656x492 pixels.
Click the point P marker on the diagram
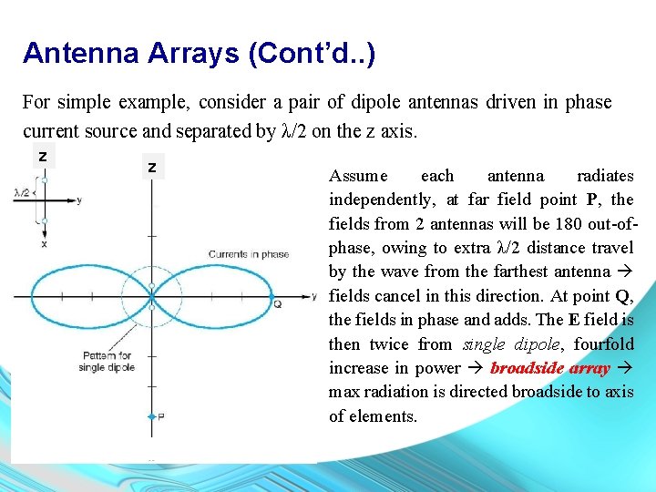coord(152,416)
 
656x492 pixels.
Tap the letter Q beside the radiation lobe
coord(277,303)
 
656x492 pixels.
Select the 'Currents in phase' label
coord(248,254)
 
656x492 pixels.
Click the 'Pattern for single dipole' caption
coord(107,361)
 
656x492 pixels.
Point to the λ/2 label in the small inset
coord(23,192)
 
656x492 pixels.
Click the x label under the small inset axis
coord(45,243)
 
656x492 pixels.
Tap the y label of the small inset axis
coord(79,200)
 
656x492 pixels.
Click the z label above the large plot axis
coord(152,168)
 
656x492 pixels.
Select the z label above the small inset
coord(43,157)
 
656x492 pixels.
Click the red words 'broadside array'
coord(549,368)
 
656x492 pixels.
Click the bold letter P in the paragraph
coord(592,200)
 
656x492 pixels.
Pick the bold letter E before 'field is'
coord(573,320)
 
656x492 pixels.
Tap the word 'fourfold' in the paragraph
coord(603,344)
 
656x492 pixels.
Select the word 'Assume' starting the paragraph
coord(357,176)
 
